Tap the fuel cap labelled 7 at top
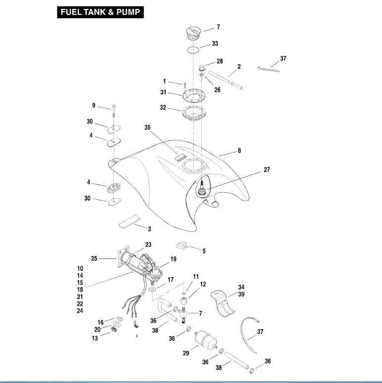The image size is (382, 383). pyautogui.click(x=192, y=33)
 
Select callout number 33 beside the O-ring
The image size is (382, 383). pyautogui.click(x=215, y=44)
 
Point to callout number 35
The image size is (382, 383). pyautogui.click(x=147, y=127)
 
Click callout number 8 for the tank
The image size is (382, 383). pyautogui.click(x=239, y=151)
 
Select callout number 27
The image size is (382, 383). pyautogui.click(x=267, y=170)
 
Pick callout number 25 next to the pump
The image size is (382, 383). pyautogui.click(x=94, y=258)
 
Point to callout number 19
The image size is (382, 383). pyautogui.click(x=173, y=258)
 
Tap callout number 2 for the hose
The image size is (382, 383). pyautogui.click(x=239, y=66)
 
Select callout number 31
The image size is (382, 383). pyautogui.click(x=163, y=92)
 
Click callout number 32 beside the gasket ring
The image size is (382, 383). pyautogui.click(x=163, y=107)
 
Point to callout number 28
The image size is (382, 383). pyautogui.click(x=219, y=61)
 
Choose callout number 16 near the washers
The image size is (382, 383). pyautogui.click(x=100, y=322)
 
